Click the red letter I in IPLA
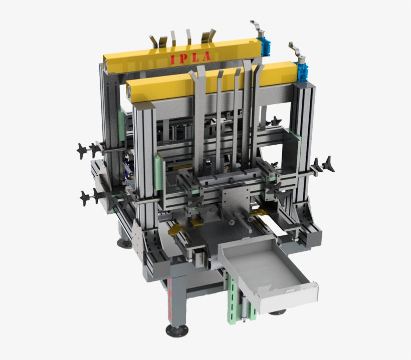(173, 60)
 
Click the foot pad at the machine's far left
(124, 243)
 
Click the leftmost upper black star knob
(82, 149)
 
